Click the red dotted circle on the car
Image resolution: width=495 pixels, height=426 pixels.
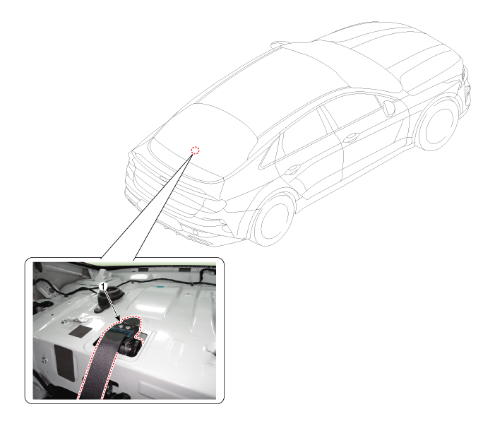(196, 150)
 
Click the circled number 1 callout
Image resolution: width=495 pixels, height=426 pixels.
(103, 286)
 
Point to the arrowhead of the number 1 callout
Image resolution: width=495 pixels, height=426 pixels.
(119, 319)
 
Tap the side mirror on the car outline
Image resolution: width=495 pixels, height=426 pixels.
(389, 108)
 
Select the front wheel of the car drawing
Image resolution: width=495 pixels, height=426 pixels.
(438, 124)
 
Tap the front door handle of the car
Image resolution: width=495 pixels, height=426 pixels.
(351, 137)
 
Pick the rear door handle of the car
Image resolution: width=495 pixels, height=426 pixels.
(292, 170)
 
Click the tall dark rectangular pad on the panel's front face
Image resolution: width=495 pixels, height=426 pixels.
(64, 361)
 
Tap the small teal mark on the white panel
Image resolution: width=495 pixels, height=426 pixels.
(160, 288)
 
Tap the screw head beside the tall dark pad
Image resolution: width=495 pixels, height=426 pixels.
(44, 360)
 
